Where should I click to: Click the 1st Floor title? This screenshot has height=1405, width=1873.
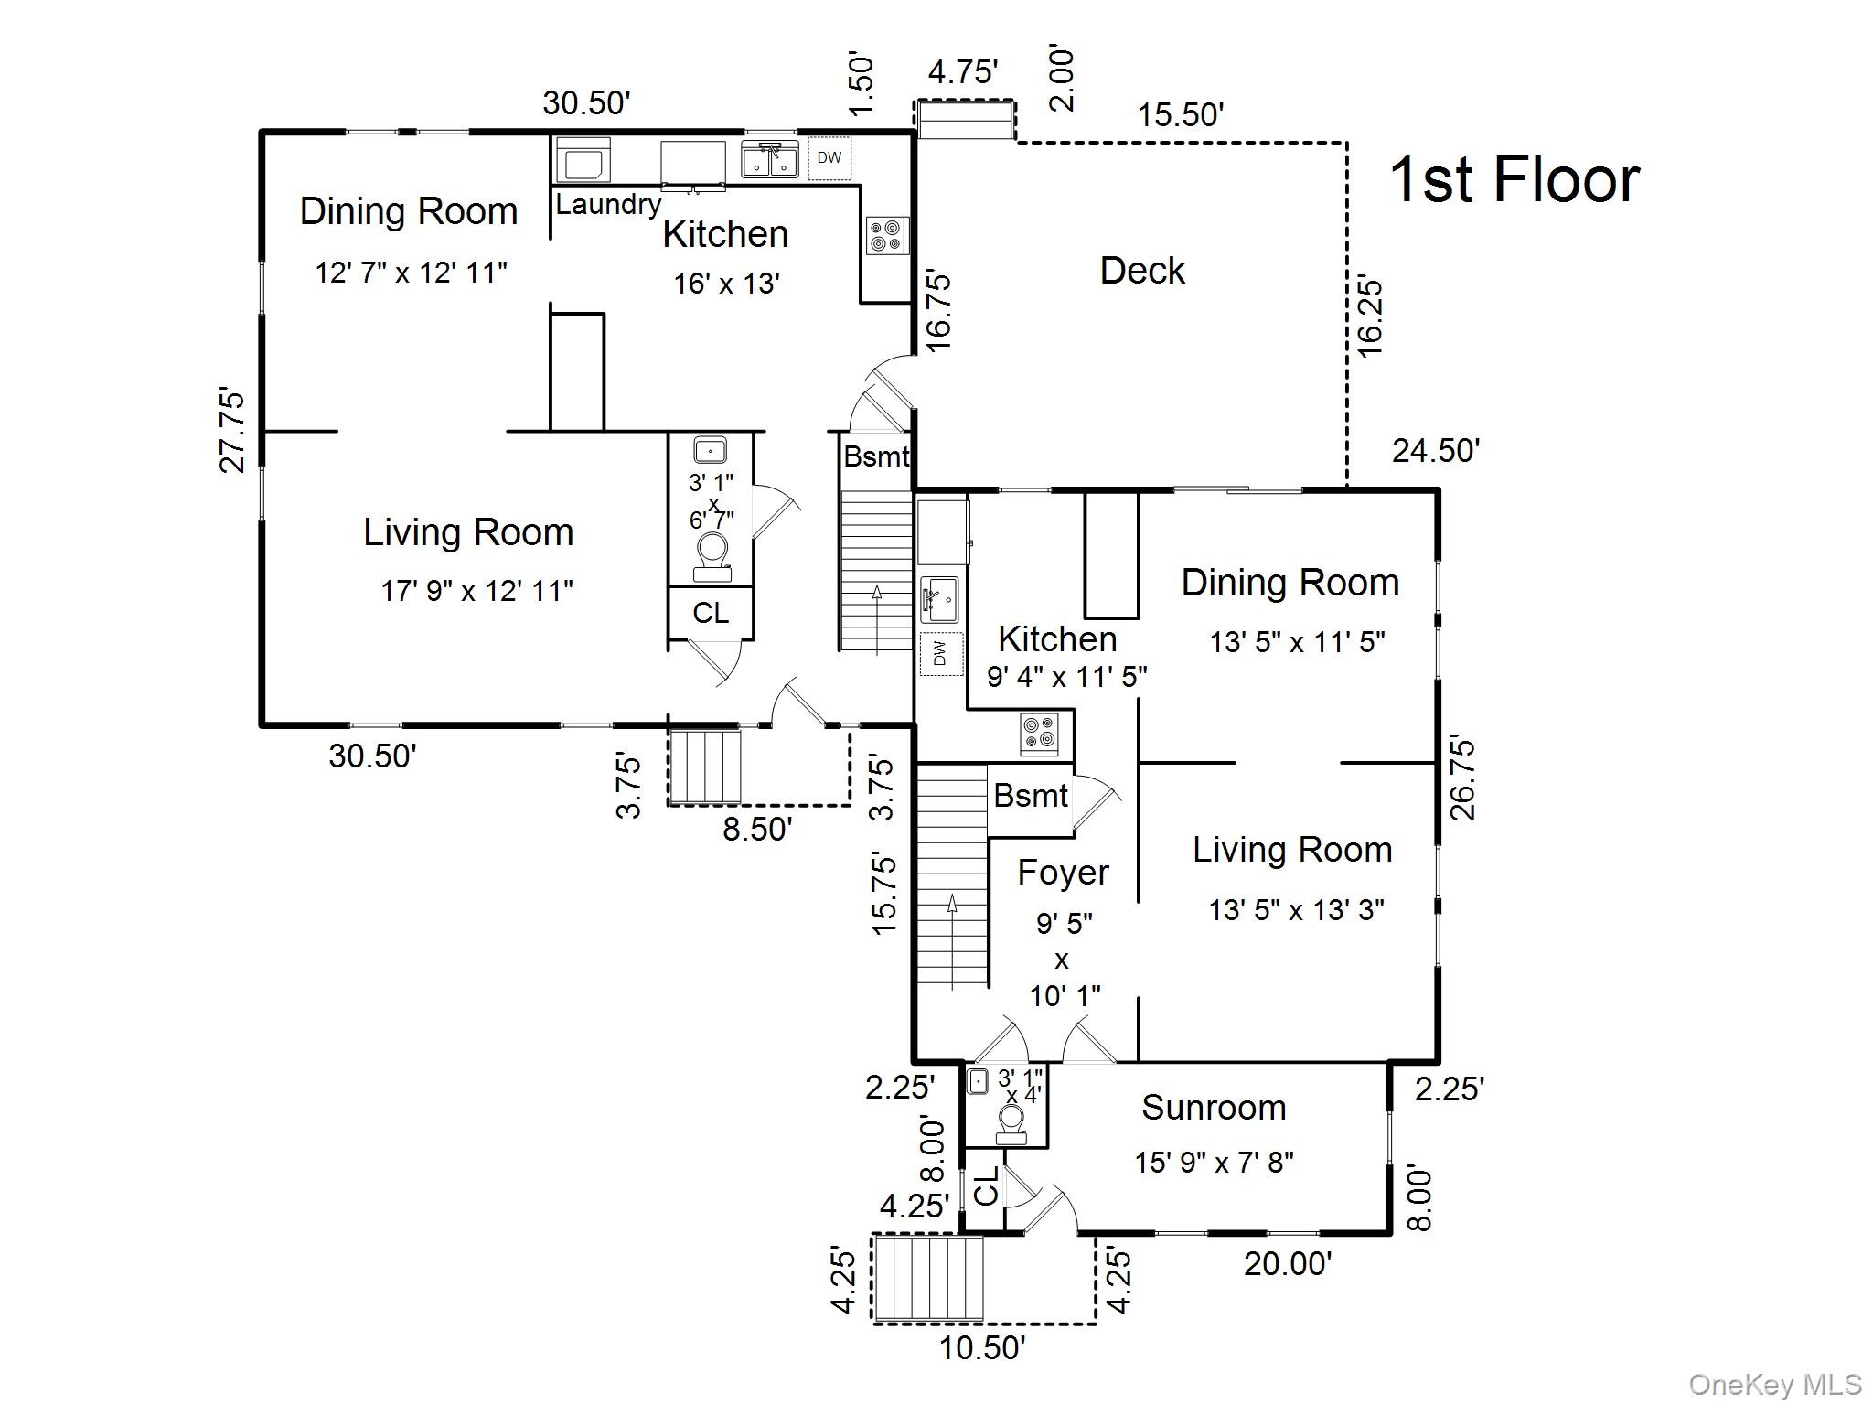[x=1514, y=180]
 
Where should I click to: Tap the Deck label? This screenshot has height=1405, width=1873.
[x=1141, y=271]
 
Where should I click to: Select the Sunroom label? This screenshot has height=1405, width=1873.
[x=1214, y=1108]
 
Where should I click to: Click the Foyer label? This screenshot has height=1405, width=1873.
[x=1063, y=873]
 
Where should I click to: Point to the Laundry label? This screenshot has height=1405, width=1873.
[x=607, y=204]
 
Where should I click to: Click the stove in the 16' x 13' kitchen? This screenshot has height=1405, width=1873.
[x=887, y=235]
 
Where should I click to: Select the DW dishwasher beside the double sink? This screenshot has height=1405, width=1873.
[x=829, y=157]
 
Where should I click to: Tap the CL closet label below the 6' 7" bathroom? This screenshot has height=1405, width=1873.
[x=711, y=613]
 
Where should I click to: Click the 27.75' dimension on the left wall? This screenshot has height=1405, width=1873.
[x=233, y=431]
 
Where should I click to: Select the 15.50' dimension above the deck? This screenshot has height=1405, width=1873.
[x=1180, y=115]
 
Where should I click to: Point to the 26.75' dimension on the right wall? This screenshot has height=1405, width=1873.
[x=1462, y=779]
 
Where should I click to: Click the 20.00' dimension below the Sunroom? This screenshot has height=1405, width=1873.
[x=1287, y=1264]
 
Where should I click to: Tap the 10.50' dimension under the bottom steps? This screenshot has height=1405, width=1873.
[x=982, y=1347]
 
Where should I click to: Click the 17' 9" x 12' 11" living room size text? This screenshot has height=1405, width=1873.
[x=476, y=591]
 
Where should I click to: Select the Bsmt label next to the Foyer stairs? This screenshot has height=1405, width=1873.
[x=1030, y=796]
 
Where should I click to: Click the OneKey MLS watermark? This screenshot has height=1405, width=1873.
[x=1774, y=1385]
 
